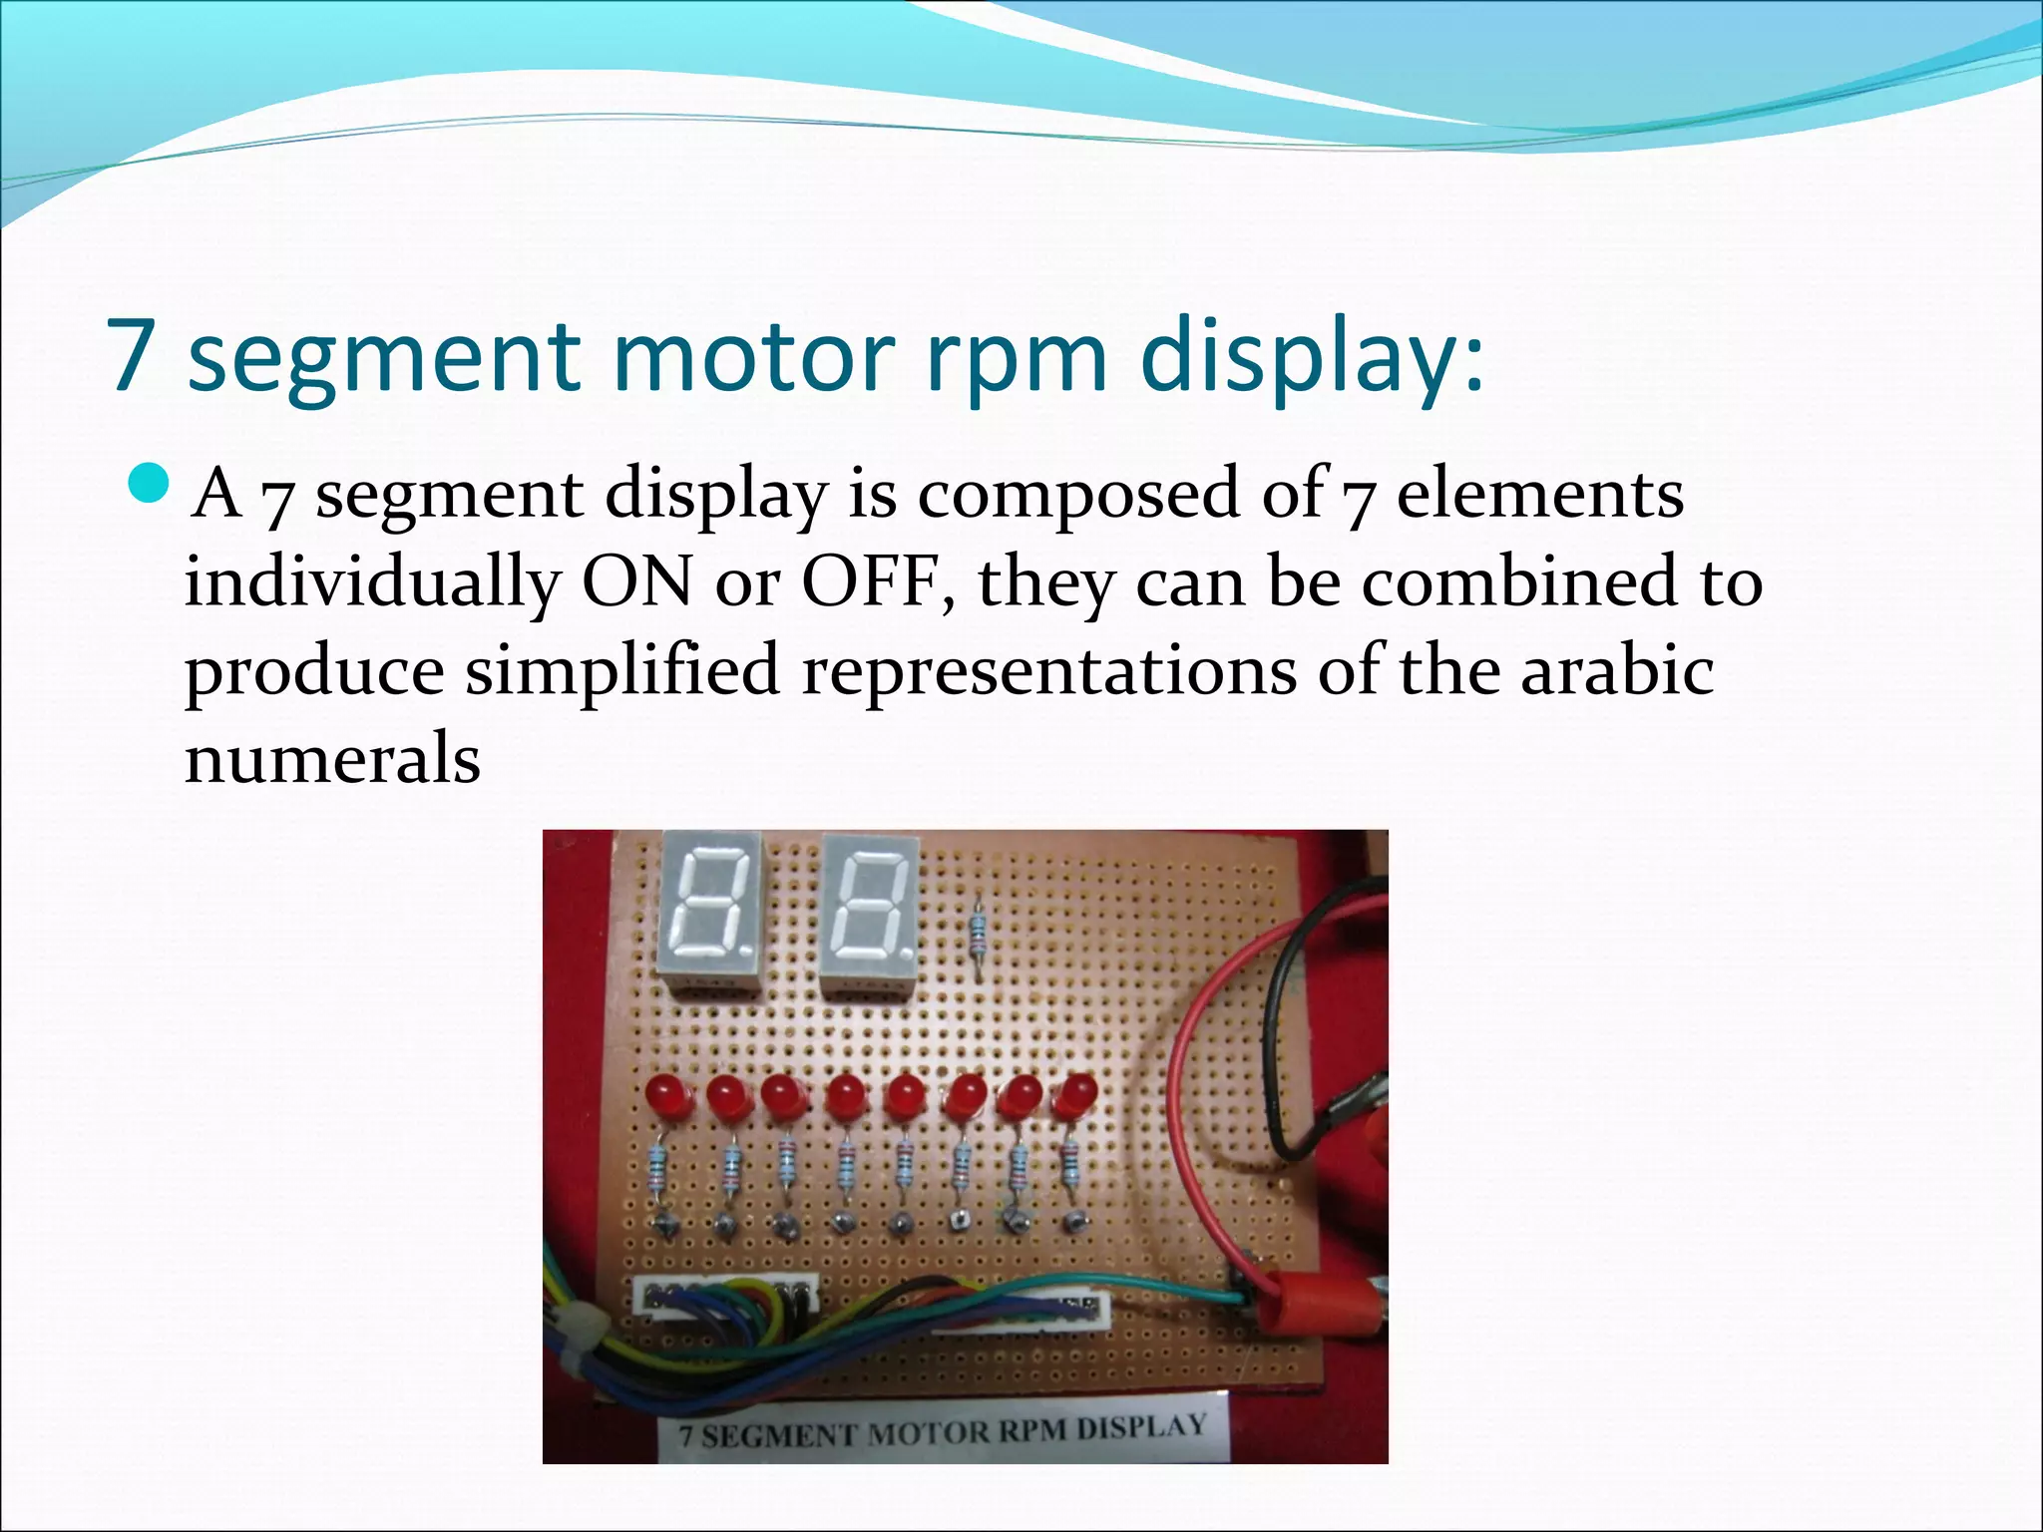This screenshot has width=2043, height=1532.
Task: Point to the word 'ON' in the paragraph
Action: tap(636, 582)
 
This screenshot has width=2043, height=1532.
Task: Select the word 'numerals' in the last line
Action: tap(332, 760)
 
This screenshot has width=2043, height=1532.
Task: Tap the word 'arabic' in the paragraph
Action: tap(1617, 670)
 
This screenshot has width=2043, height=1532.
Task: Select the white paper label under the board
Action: tap(942, 1434)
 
